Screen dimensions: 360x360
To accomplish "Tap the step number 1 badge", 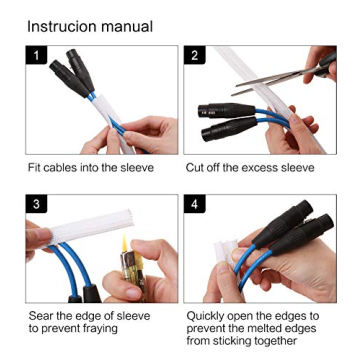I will [x=37, y=56].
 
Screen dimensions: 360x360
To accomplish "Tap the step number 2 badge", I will [x=194, y=56].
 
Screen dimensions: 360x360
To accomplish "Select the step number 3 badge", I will [x=37, y=205].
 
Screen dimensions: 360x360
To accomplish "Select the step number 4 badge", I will [x=194, y=205].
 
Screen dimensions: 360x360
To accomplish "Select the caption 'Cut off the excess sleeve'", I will [x=250, y=168].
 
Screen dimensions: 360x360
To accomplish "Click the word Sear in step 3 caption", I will [x=41, y=316].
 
